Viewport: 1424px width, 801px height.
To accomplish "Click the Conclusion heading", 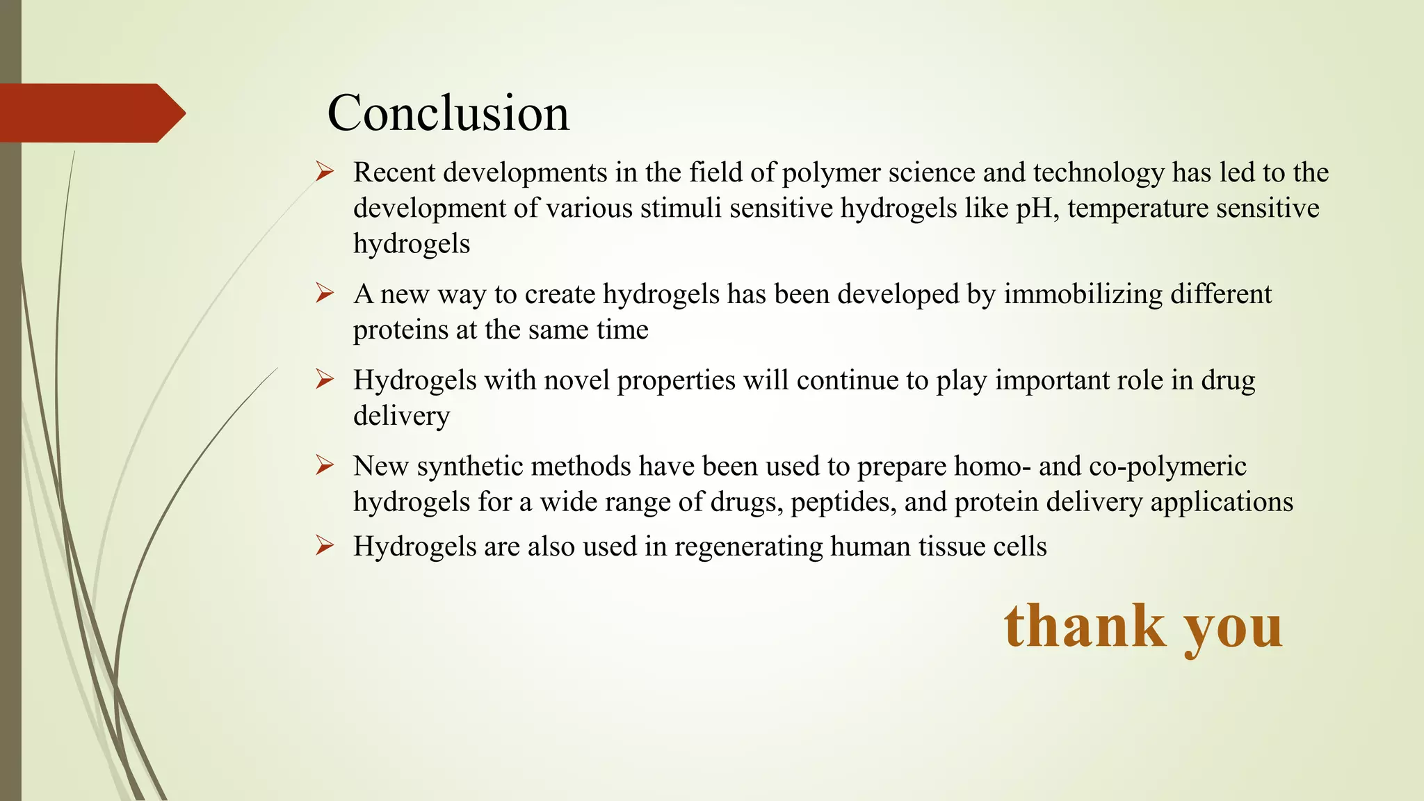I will pos(448,113).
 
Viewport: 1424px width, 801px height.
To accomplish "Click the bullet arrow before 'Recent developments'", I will pos(325,171).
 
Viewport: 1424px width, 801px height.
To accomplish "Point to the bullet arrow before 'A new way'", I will pos(325,293).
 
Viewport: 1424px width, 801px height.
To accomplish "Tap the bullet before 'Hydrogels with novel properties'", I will pos(325,379).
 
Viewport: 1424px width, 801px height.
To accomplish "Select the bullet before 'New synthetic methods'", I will pos(325,464).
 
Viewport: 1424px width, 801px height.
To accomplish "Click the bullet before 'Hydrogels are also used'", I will pos(325,545).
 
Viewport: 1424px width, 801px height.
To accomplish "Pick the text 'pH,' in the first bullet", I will pos(1038,209).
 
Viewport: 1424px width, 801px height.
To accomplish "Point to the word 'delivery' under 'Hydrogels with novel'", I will pos(401,416).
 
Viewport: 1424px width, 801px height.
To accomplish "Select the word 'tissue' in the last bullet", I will pos(951,547).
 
